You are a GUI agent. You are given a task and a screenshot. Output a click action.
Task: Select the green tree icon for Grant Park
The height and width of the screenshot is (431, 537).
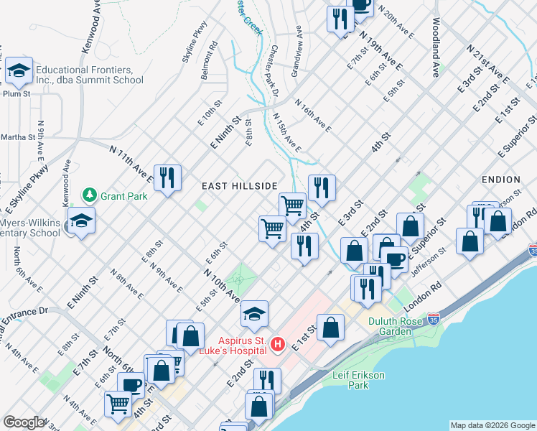coord(90,195)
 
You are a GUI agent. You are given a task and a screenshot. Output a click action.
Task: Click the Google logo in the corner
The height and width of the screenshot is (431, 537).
coord(23,422)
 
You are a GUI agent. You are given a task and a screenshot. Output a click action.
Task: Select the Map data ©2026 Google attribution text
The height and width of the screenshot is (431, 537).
coord(492,425)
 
